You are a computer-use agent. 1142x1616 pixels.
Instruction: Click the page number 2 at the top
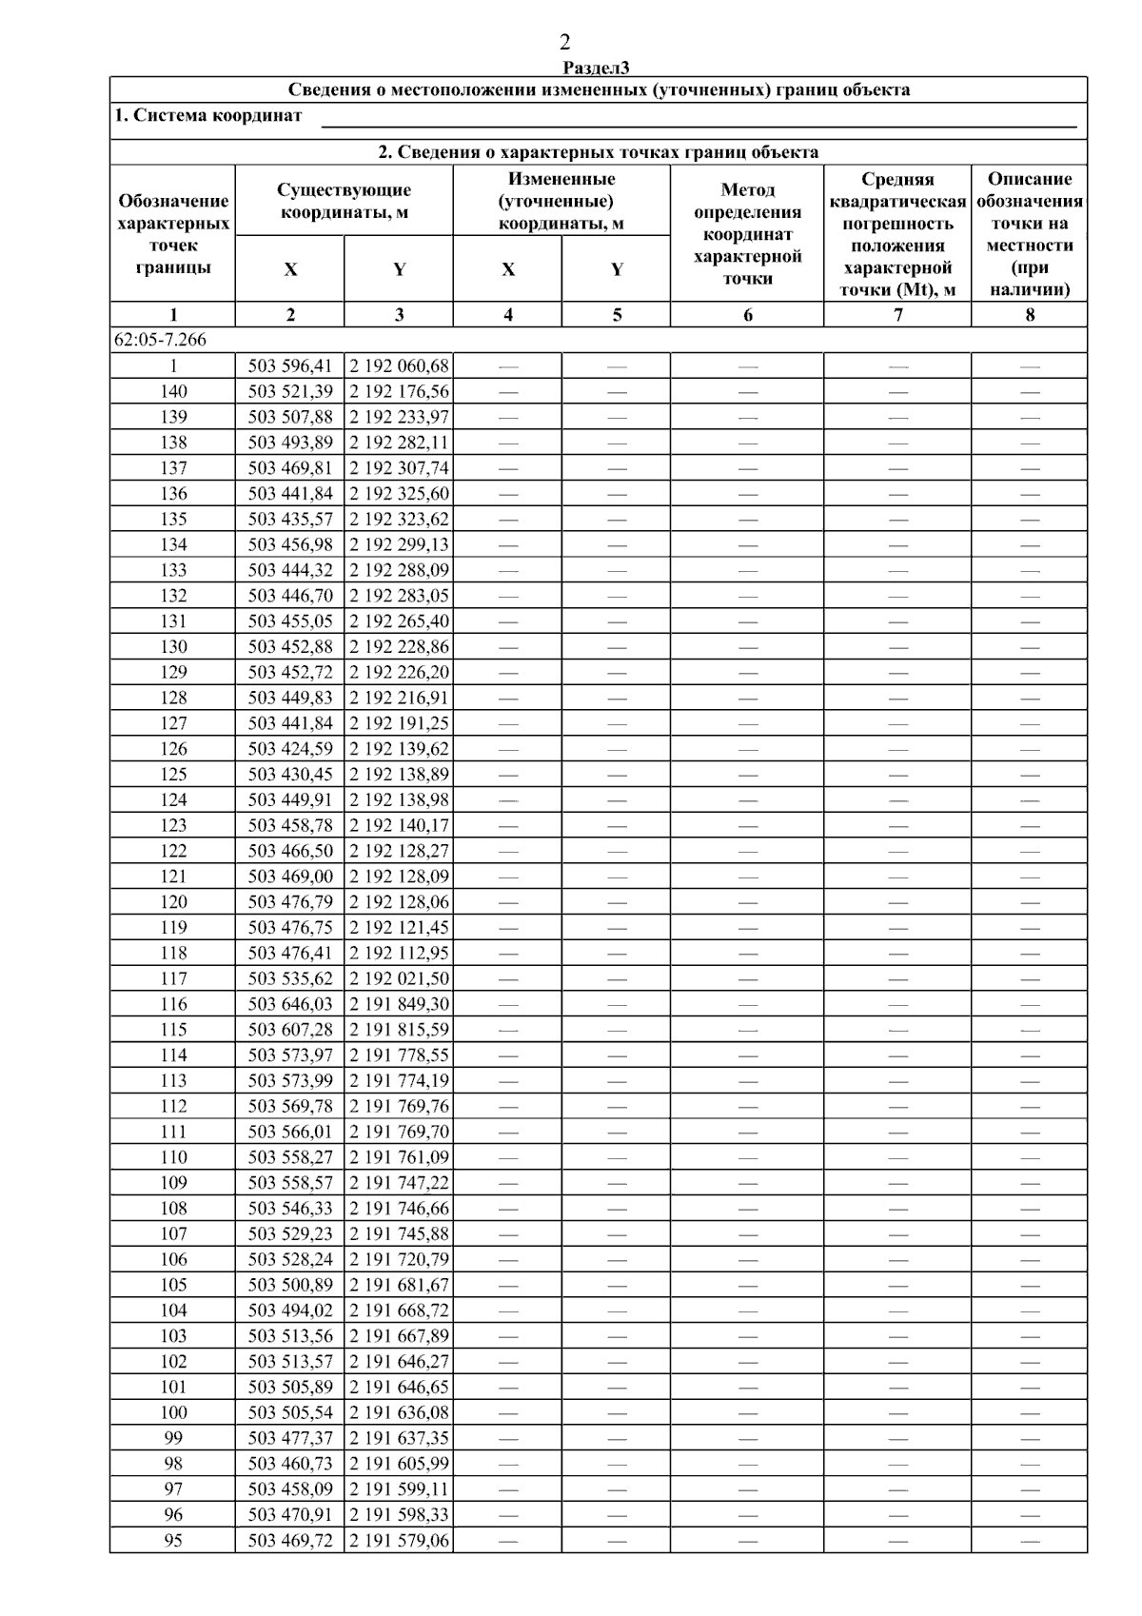[x=565, y=42]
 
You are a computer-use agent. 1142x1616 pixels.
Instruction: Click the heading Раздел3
[x=597, y=68]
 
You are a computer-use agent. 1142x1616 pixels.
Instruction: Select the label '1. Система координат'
[x=208, y=116]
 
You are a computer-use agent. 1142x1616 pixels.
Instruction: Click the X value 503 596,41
[x=290, y=365]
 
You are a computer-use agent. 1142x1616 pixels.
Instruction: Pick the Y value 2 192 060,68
[x=399, y=365]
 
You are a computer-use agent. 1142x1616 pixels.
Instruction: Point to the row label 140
[x=173, y=391]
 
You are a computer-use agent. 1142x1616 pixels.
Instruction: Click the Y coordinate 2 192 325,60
[x=399, y=493]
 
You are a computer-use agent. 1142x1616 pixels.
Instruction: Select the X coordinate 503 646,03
[x=290, y=1004]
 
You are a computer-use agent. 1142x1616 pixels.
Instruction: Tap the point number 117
[x=173, y=978]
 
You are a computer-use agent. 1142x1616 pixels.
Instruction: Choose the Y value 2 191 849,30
[x=399, y=1004]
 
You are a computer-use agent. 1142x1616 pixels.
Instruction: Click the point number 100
[x=173, y=1412]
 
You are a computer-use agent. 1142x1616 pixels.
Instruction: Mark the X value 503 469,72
[x=290, y=1540]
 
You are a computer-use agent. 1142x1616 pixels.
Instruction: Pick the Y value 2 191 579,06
[x=399, y=1540]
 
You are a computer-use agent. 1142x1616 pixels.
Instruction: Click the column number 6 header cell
[x=747, y=315]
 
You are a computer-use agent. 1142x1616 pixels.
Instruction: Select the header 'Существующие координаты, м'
[x=345, y=202]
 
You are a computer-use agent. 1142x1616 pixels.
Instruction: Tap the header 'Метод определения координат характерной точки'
[x=747, y=234]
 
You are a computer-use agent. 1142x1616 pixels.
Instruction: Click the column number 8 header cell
[x=1029, y=315]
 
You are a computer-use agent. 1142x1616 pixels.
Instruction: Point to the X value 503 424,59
[x=290, y=749]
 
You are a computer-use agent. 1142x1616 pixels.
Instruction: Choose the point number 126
[x=173, y=749]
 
